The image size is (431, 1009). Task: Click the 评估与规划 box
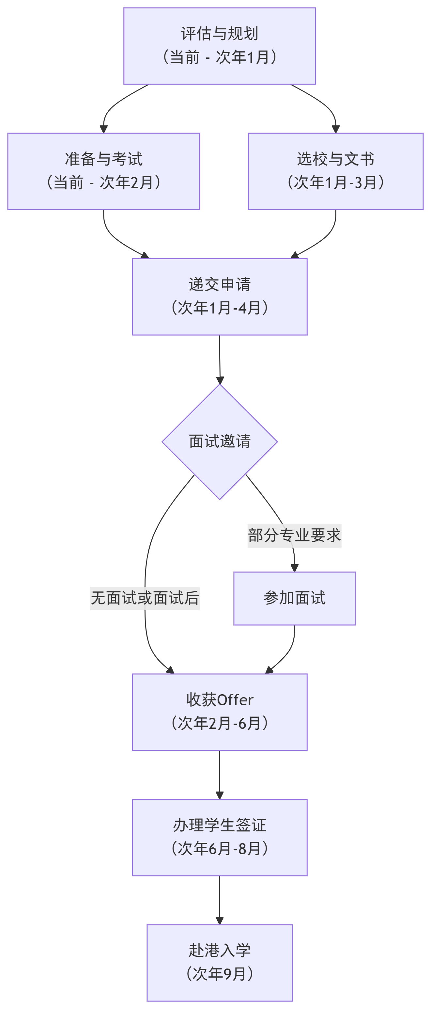coord(219,46)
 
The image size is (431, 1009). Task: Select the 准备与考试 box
coord(103,171)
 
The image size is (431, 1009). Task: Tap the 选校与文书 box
coord(335,171)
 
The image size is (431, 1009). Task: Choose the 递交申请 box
coord(219,296)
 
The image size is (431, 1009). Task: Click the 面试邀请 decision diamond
coord(219,441)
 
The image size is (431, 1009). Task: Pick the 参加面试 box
coord(294,598)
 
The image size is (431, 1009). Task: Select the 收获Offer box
coord(219,712)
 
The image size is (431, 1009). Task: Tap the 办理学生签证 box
coord(219,837)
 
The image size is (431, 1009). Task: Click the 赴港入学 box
coord(219,962)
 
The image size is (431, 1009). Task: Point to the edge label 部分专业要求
coord(294,536)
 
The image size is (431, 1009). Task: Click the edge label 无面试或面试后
coord(145,598)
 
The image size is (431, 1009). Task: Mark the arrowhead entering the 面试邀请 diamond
coord(220,380)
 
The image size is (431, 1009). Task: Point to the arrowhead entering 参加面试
coord(295,568)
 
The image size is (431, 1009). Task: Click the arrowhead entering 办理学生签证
coord(220,795)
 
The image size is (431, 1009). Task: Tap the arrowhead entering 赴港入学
coord(220,921)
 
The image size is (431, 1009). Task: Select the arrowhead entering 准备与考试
coord(104,129)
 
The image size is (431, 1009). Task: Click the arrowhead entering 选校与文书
coord(335,129)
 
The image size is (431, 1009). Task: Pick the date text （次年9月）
coord(219,974)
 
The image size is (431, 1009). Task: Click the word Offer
coord(235,700)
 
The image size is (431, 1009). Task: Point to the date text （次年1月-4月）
coord(219,308)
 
